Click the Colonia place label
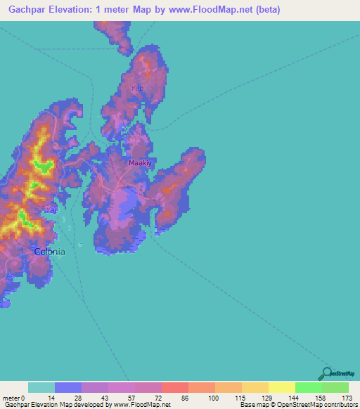[50, 252]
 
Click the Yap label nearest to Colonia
[50, 210]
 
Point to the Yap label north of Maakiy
[137, 89]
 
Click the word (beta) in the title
[267, 10]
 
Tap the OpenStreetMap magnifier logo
[326, 372]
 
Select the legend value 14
[51, 398]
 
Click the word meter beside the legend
[11, 398]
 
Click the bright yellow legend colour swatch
[281, 387]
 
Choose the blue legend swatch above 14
[68, 387]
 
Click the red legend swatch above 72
[174, 387]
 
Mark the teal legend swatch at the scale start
[41, 387]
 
